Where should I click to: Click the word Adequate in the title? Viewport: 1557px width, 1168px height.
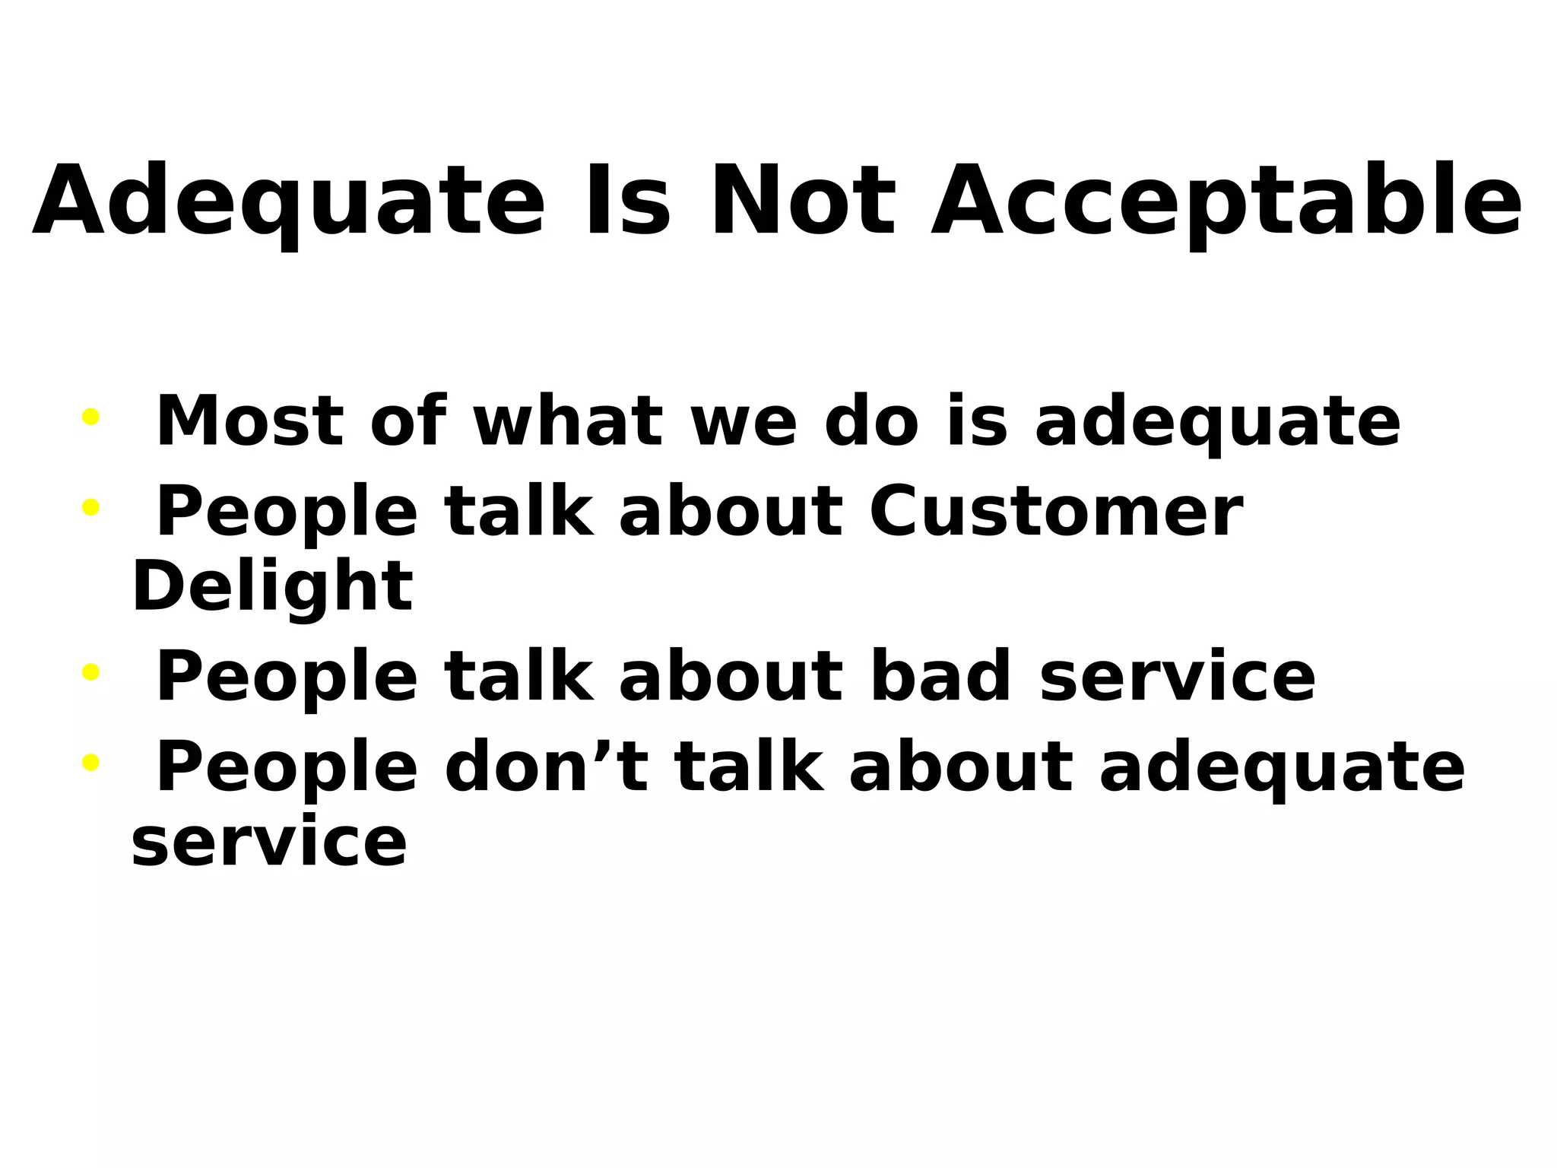point(289,202)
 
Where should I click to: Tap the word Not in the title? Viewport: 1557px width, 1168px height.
point(803,201)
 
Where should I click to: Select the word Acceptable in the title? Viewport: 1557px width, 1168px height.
point(1226,202)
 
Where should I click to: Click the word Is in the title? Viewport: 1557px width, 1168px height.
point(627,201)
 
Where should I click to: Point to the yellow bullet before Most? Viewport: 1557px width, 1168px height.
point(90,417)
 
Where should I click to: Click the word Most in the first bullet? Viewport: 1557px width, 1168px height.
point(250,421)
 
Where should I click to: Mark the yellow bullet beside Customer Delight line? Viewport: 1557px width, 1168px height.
point(90,506)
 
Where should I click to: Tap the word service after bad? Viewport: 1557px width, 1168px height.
point(1177,677)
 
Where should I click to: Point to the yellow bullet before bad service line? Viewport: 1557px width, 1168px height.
point(90,671)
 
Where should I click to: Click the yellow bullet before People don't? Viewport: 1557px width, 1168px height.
point(90,762)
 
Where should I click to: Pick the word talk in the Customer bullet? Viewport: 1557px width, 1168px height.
point(518,511)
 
